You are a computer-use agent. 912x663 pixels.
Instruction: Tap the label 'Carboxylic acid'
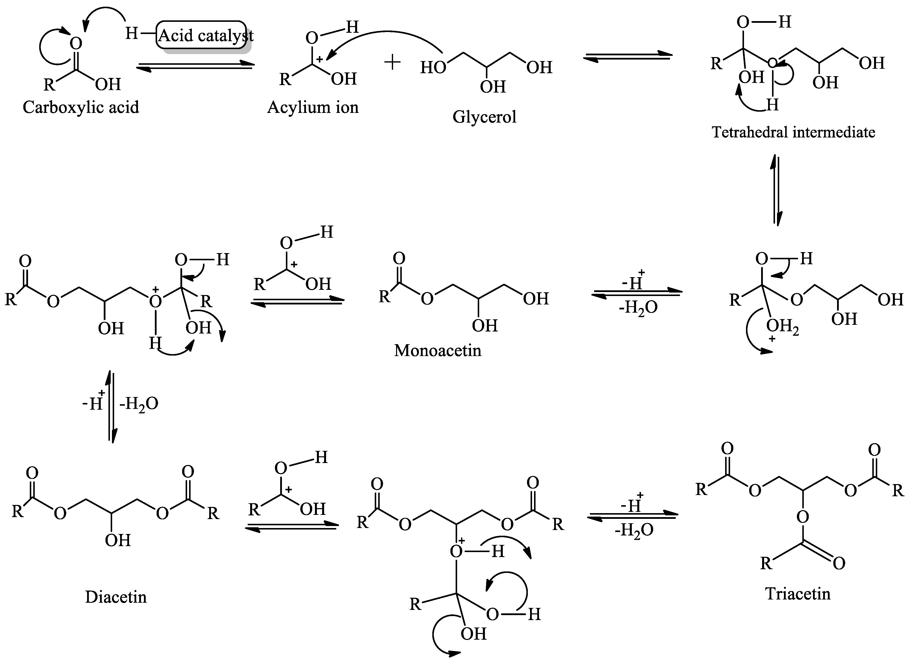(x=81, y=107)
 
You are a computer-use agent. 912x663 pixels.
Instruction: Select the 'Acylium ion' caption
(x=313, y=107)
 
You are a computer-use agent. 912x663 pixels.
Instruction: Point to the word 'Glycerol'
(x=484, y=117)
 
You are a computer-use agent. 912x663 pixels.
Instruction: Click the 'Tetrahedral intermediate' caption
(x=793, y=132)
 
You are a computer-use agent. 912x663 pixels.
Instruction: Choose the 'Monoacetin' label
(x=438, y=351)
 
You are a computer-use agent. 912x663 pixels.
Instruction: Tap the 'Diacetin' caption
(x=116, y=597)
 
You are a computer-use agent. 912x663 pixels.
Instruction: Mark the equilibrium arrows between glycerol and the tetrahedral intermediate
(x=628, y=57)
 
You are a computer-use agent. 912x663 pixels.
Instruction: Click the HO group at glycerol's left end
(x=433, y=67)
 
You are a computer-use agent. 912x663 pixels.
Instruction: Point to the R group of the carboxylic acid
(x=49, y=85)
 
